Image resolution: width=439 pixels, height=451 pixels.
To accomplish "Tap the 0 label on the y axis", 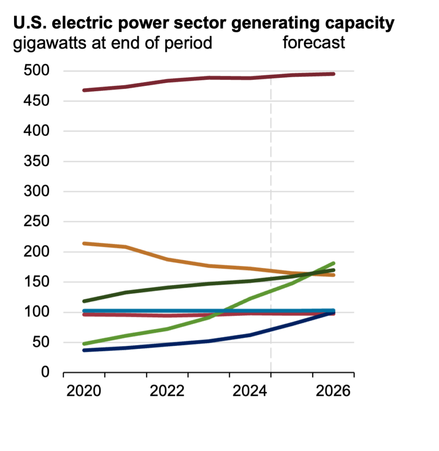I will coord(45,373).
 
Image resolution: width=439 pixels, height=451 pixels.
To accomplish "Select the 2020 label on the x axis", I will coord(84,391).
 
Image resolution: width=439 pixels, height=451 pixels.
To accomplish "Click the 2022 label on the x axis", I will coord(167,391).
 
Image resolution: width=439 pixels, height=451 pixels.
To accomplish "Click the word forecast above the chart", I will coord(313,43).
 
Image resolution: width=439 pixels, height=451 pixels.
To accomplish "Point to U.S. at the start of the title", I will coord(29,24).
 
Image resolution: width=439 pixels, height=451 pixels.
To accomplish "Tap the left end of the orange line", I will coord(84,243).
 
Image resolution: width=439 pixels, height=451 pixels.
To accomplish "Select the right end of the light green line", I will coord(333,263).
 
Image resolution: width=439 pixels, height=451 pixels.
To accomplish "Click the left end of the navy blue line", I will coord(84,350).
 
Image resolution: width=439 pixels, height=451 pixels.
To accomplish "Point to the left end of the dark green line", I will coord(84,301).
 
